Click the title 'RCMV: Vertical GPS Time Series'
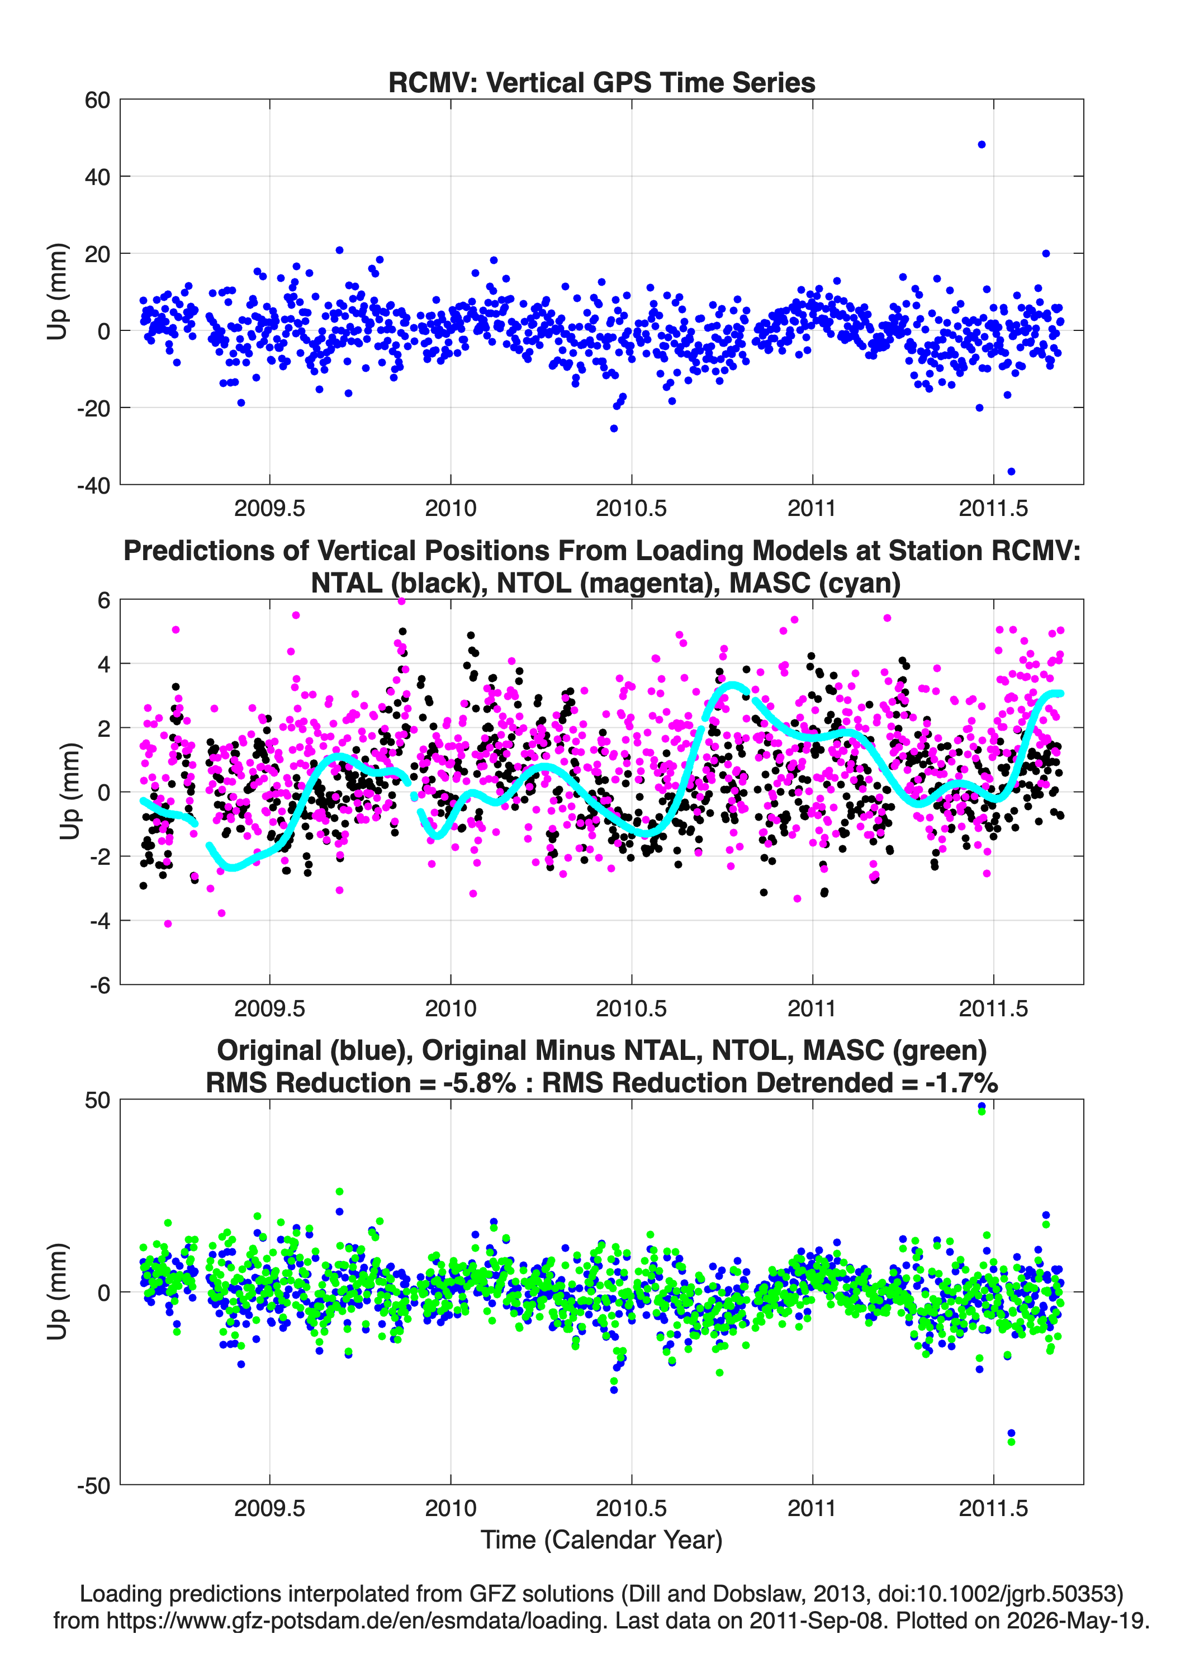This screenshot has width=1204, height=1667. click(601, 82)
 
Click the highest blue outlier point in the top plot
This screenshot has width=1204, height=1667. click(982, 145)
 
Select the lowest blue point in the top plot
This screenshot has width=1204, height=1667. click(1011, 471)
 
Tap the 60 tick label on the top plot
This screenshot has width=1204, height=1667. click(98, 100)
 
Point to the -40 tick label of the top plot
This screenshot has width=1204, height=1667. click(93, 485)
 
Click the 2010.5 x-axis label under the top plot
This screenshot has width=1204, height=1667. click(632, 509)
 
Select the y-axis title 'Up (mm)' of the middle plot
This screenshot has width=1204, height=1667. click(69, 792)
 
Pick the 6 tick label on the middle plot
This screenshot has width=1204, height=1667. click(103, 600)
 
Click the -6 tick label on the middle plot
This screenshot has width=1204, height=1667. click(101, 986)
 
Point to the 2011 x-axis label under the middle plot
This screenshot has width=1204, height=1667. click(812, 1008)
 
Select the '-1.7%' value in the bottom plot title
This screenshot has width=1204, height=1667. click(961, 1083)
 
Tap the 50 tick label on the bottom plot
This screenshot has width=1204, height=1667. click(98, 1100)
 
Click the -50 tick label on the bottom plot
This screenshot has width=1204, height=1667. click(93, 1485)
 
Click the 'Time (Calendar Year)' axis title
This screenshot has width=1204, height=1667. click(601, 1540)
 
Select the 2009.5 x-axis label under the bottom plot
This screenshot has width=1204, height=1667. click(270, 1508)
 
